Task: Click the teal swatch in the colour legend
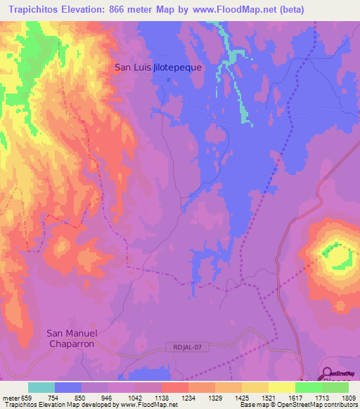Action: (41, 387)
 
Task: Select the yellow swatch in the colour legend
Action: (282, 387)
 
